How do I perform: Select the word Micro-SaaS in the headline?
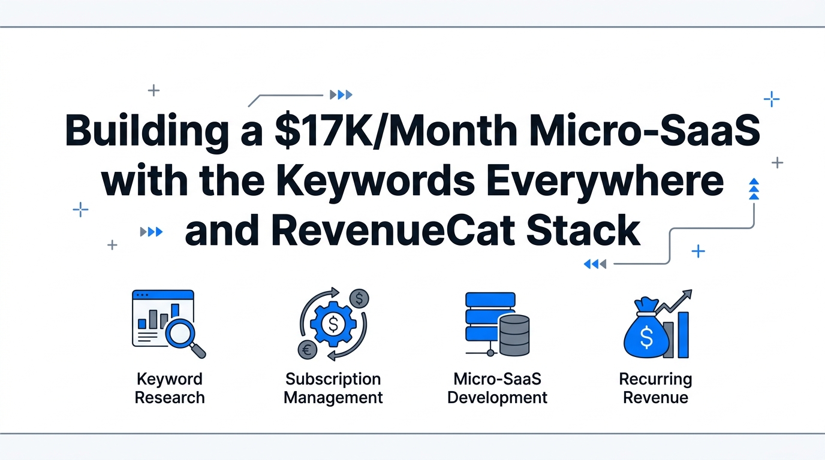tap(645, 131)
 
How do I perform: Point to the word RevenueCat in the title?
tap(393, 231)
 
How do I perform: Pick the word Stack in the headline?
tap(583, 231)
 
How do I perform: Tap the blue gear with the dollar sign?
tap(333, 324)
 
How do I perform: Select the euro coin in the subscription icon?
tap(308, 349)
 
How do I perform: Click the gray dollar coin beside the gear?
tap(359, 298)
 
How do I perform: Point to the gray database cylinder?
tap(514, 335)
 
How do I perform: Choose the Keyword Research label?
tap(170, 388)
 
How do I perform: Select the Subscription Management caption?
tap(333, 388)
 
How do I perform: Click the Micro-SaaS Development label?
tap(497, 388)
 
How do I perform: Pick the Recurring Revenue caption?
tap(655, 388)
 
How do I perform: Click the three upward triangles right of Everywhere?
tap(754, 189)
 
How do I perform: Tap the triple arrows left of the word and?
tap(151, 231)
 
